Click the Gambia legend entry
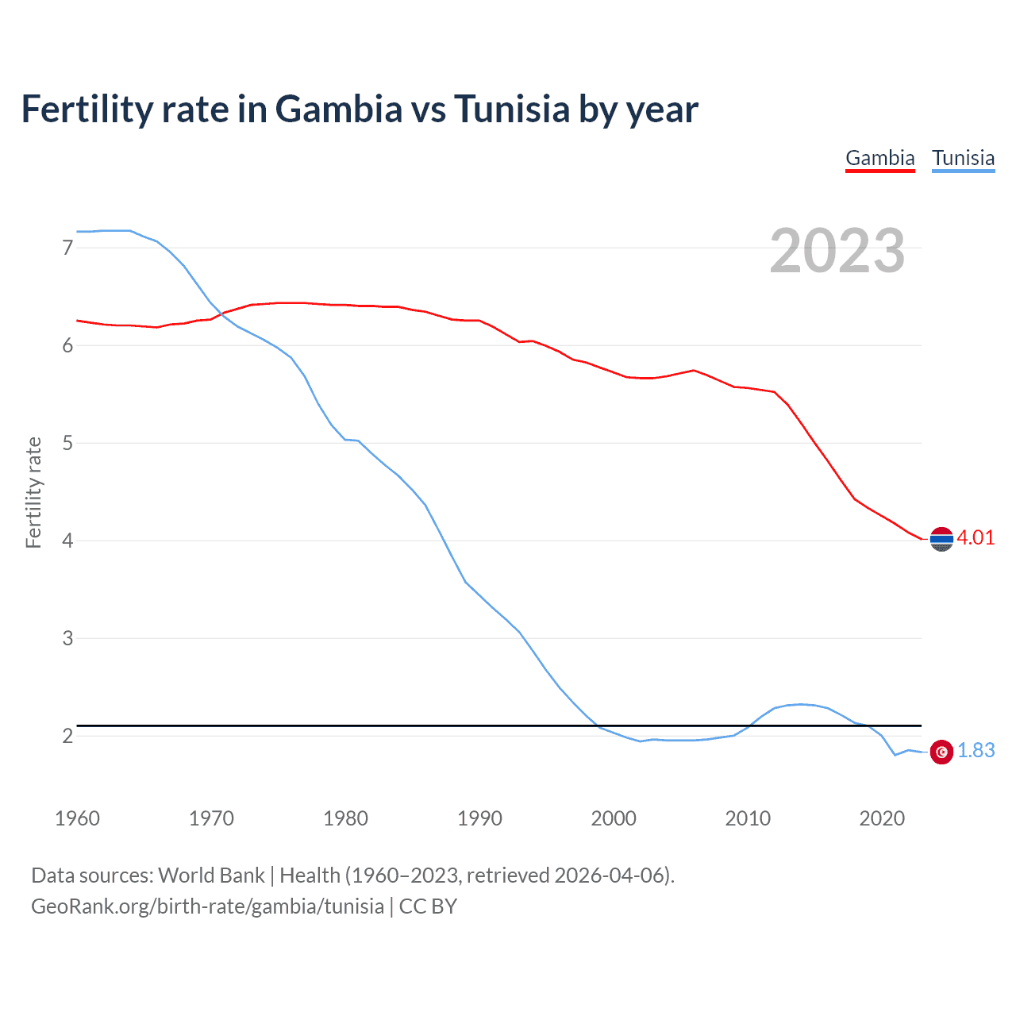click(x=879, y=158)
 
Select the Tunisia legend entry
click(x=963, y=158)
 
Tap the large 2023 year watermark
click(x=837, y=251)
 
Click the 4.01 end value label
click(x=976, y=537)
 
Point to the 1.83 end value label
click(x=976, y=750)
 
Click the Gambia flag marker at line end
click(x=941, y=539)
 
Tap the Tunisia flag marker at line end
click(x=941, y=752)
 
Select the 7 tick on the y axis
click(x=67, y=248)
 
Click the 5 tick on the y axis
click(x=67, y=443)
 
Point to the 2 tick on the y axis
click(x=67, y=736)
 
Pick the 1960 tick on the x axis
click(x=77, y=818)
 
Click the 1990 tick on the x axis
click(x=479, y=818)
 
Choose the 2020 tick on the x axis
click(x=882, y=818)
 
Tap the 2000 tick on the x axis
click(x=614, y=818)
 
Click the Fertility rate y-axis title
click(x=33, y=492)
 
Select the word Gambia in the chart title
click(x=339, y=110)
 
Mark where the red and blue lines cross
click(x=222, y=314)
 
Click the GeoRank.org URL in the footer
click(x=207, y=906)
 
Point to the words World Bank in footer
click(x=211, y=876)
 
